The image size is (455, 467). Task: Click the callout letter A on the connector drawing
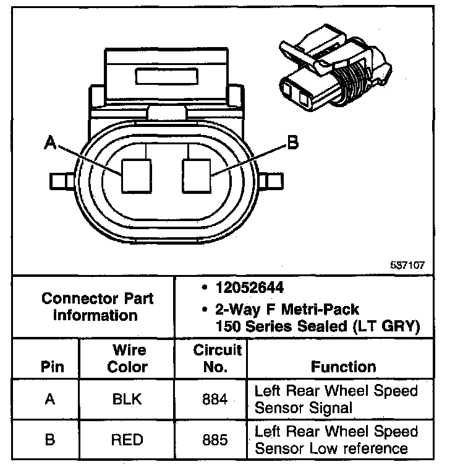pos(50,144)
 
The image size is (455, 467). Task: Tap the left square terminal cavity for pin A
pos(135,175)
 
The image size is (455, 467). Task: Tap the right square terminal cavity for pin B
pos(197,175)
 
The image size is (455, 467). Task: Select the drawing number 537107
pos(407,264)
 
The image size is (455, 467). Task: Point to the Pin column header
pos(52,367)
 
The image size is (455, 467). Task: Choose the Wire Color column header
pos(127,358)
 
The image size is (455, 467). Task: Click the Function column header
pos(343,367)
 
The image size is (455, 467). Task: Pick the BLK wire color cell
pos(127,399)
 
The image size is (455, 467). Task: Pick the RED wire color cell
pos(127,440)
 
